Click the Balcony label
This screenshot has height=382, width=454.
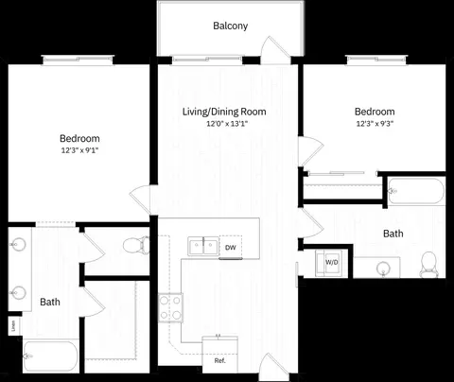point(230,26)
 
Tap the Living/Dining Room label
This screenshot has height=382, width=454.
point(224,112)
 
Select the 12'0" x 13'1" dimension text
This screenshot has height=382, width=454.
point(226,124)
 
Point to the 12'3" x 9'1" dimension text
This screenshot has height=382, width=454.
point(79,150)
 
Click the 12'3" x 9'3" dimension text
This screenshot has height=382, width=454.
point(375,124)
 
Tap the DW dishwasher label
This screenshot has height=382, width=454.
point(231,248)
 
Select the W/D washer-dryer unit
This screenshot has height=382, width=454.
point(328,264)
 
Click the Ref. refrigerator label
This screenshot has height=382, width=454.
point(220,360)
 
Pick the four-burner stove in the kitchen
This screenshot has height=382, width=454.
point(170,307)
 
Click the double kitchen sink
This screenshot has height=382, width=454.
point(203,246)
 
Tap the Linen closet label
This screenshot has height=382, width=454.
point(13,326)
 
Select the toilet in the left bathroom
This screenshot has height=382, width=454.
point(137,245)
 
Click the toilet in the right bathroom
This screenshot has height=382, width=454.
point(428,265)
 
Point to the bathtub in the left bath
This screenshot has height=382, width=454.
point(50,356)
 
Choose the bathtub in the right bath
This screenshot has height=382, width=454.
point(416,191)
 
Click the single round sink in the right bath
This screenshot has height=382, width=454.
point(383,269)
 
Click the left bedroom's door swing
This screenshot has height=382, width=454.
point(140,200)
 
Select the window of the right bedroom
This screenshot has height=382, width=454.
point(376,60)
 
